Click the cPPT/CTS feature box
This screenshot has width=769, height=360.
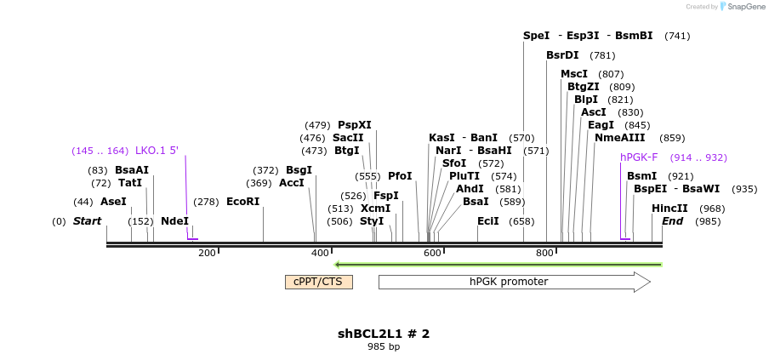pyautogui.click(x=318, y=282)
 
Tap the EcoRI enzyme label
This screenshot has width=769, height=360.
pyautogui.click(x=242, y=202)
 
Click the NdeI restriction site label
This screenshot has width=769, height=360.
pyautogui.click(x=174, y=221)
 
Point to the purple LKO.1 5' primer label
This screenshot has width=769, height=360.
pyautogui.click(x=157, y=151)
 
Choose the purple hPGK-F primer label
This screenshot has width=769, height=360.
pyautogui.click(x=639, y=157)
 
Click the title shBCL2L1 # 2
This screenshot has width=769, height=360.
pyautogui.click(x=384, y=334)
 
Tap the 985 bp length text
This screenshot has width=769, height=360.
pyautogui.click(x=384, y=346)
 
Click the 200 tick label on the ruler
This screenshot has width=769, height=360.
pyautogui.click(x=207, y=253)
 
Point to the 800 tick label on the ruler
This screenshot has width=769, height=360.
pyautogui.click(x=544, y=253)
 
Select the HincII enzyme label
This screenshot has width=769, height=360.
pyautogui.click(x=669, y=209)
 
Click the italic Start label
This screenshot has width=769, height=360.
pyautogui.click(x=87, y=221)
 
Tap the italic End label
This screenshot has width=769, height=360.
pyautogui.click(x=672, y=221)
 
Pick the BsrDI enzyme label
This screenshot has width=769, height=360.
pyautogui.click(x=562, y=55)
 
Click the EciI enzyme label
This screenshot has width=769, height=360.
pyautogui.click(x=487, y=221)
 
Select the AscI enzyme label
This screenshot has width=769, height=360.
pyautogui.click(x=594, y=112)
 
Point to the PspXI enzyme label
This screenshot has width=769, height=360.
pyautogui.click(x=354, y=125)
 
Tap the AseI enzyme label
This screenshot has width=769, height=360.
pyautogui.click(x=113, y=202)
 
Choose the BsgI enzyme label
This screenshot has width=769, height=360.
pyautogui.click(x=299, y=170)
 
